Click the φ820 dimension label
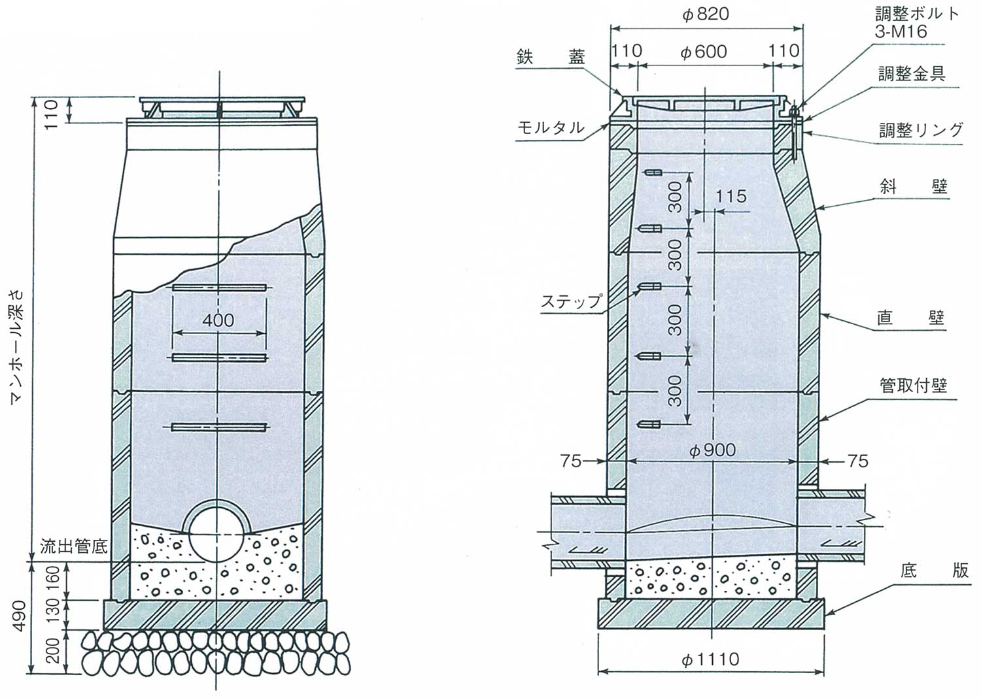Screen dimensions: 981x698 tap(706, 14)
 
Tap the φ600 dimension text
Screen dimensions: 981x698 tap(703, 52)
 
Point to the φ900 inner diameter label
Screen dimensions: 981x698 tap(712, 450)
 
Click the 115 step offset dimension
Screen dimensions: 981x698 tap(731, 196)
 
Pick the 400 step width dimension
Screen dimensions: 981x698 tap(218, 321)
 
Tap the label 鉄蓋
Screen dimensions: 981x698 tap(551, 57)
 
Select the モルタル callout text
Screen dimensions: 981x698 tap(551, 127)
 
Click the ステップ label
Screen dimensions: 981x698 tap(571, 301)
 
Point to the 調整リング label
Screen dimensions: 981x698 tap(921, 130)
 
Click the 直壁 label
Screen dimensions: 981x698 tap(910, 318)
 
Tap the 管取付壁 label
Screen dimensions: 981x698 tap(914, 385)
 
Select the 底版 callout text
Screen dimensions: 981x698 tap(934, 571)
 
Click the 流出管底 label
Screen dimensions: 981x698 tap(73, 546)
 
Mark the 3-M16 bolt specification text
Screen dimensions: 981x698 tap(901, 31)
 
